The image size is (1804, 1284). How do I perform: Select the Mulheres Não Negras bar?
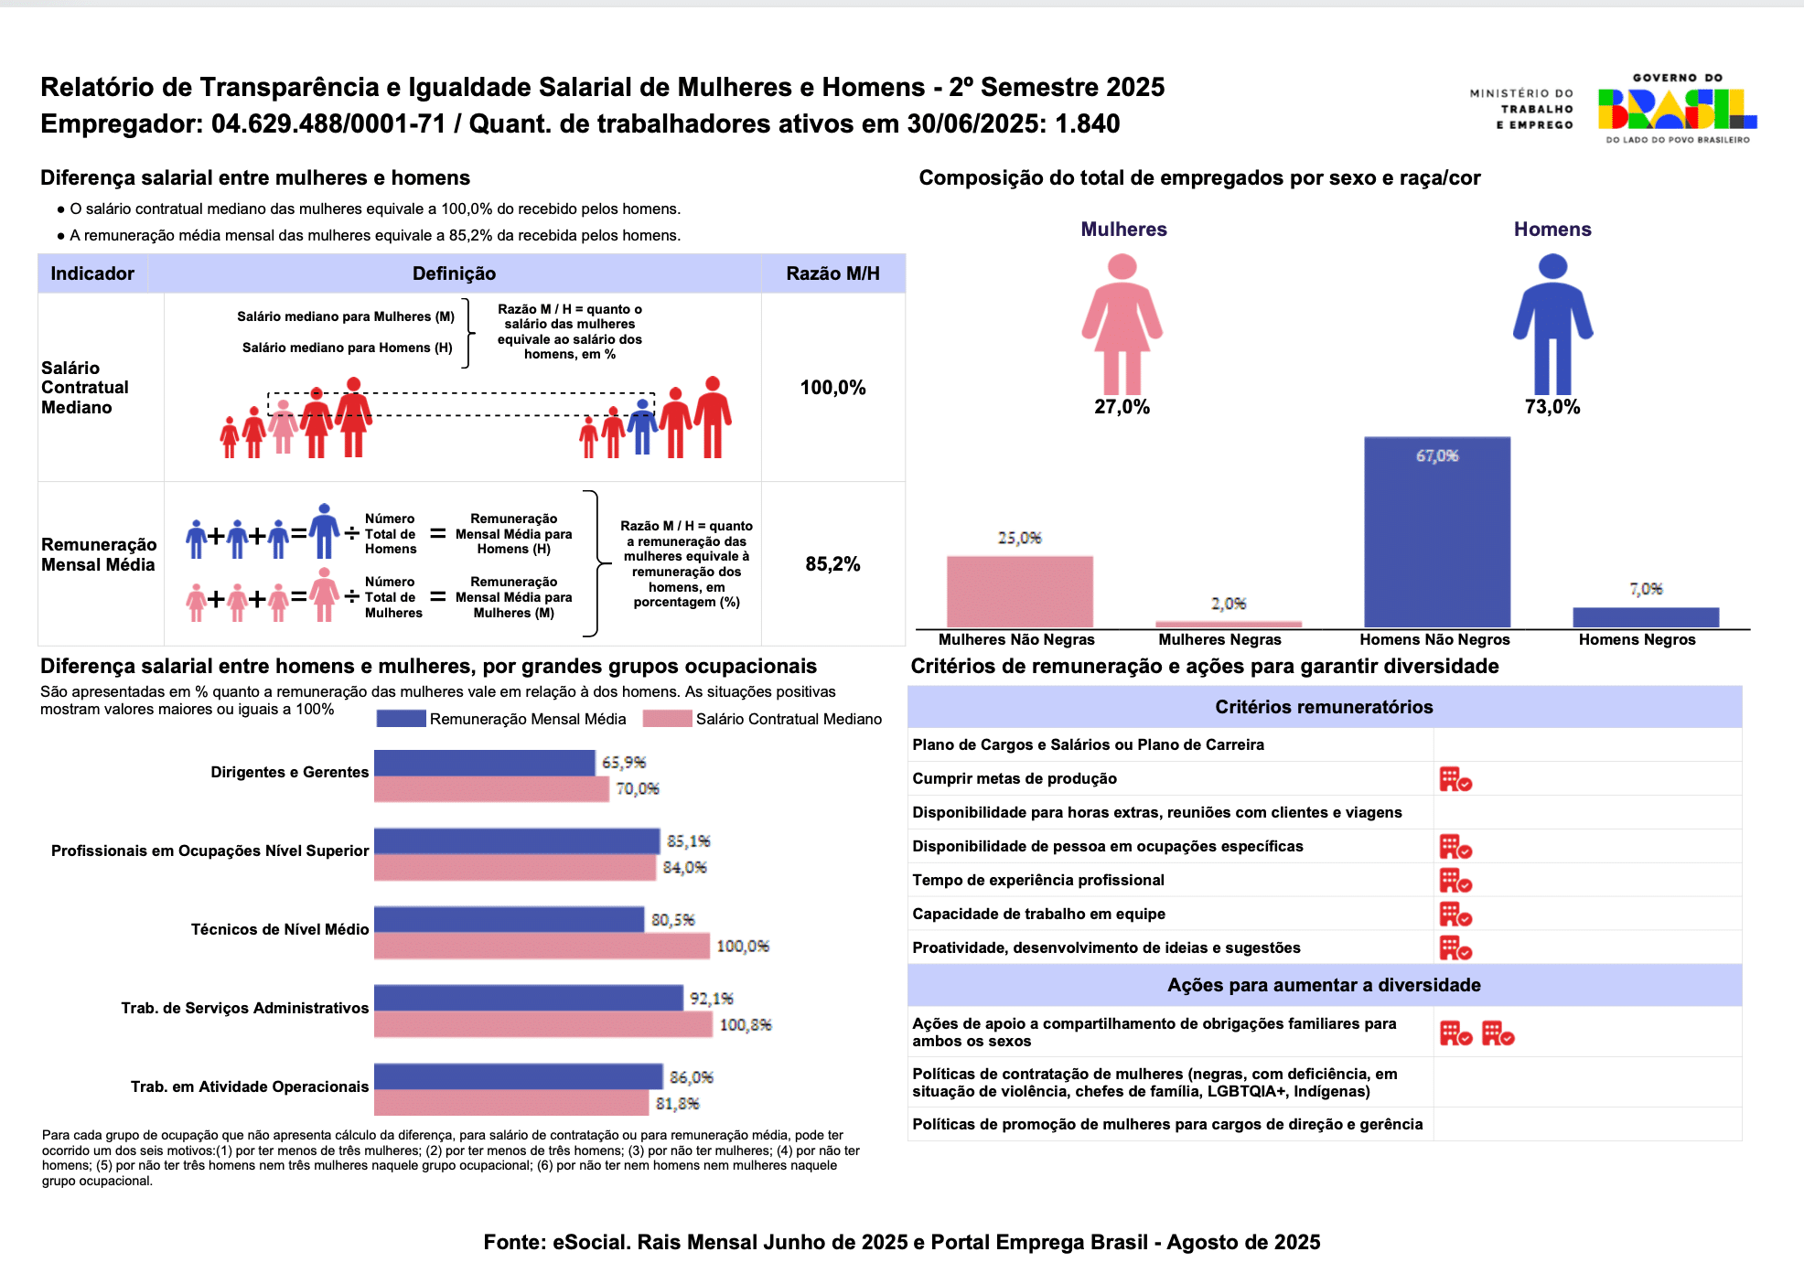pos(1019,592)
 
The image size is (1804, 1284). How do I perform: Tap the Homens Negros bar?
pos(1646,617)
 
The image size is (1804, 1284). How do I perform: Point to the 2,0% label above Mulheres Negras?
pos(1229,604)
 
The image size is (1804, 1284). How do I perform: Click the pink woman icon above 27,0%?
pos(1122,324)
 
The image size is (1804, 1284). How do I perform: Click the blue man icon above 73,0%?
pos(1552,324)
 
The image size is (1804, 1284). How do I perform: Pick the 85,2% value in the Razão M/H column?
pos(832,564)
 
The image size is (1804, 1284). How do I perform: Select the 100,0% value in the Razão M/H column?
pos(832,388)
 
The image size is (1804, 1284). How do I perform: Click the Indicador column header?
pos(92,273)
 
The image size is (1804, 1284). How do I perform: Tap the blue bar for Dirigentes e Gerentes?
pos(485,763)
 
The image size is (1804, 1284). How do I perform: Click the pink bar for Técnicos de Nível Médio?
pos(542,946)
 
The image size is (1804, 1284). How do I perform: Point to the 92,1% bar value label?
pos(712,999)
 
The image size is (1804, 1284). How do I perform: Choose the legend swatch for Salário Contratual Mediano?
pos(667,719)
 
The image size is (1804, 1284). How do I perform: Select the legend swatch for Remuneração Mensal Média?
pos(401,719)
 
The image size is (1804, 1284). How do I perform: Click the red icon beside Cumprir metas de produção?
pos(1455,779)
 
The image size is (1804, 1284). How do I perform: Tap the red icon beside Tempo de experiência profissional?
pos(1455,881)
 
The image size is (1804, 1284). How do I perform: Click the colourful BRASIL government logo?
pos(1677,109)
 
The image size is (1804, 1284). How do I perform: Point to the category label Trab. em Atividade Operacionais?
pos(250,1086)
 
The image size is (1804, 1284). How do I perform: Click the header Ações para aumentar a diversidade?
pos(1324,985)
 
